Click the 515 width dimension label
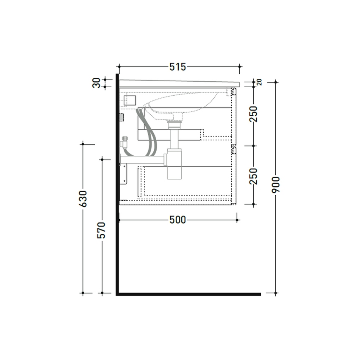[178, 66]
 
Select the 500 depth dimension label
[177, 220]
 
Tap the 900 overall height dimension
[276, 185]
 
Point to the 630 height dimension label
[83, 199]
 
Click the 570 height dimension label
[102, 230]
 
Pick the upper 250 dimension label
[253, 114]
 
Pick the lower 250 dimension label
[253, 176]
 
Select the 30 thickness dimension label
[97, 83]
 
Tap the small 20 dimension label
[259, 82]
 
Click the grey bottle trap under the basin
[174, 163]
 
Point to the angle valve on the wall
[124, 141]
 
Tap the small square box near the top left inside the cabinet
[130, 101]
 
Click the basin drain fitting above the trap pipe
[174, 123]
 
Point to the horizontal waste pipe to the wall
[142, 159]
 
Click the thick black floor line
[188, 294]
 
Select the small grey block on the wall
[121, 117]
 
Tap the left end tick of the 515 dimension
[119, 66]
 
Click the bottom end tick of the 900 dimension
[276, 293]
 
